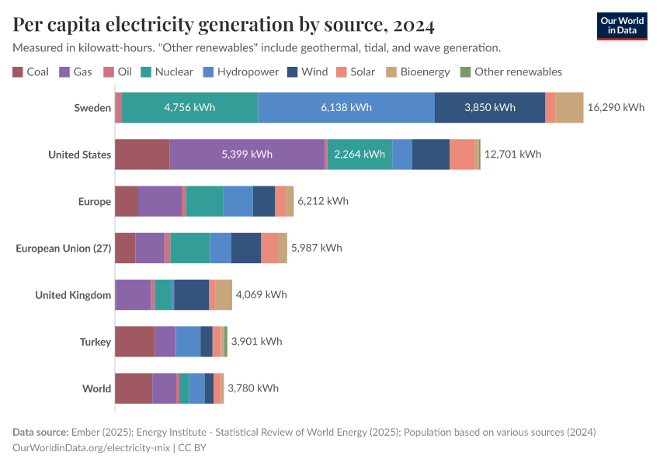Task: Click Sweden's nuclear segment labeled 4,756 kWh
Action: pyautogui.click(x=189, y=107)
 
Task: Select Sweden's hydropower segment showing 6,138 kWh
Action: pyautogui.click(x=346, y=107)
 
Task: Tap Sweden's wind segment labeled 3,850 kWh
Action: pyautogui.click(x=489, y=107)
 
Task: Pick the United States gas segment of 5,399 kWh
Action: pyautogui.click(x=247, y=154)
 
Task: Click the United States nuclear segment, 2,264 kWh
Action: pyautogui.click(x=359, y=154)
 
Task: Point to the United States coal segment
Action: pyautogui.click(x=142, y=154)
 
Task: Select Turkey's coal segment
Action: pyautogui.click(x=134, y=342)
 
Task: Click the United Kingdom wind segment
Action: pyautogui.click(x=192, y=294)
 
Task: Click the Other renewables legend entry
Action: pyautogui.click(x=510, y=71)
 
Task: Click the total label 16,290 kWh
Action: pyautogui.click(x=616, y=107)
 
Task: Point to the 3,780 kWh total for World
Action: pyautogui.click(x=252, y=388)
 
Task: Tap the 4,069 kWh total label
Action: pyautogui.click(x=261, y=294)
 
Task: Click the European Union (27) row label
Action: pyautogui.click(x=64, y=248)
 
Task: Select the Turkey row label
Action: pyautogui.click(x=96, y=342)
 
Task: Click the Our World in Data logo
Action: pyautogui.click(x=622, y=26)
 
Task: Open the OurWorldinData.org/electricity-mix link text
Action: pyautogui.click(x=92, y=447)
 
